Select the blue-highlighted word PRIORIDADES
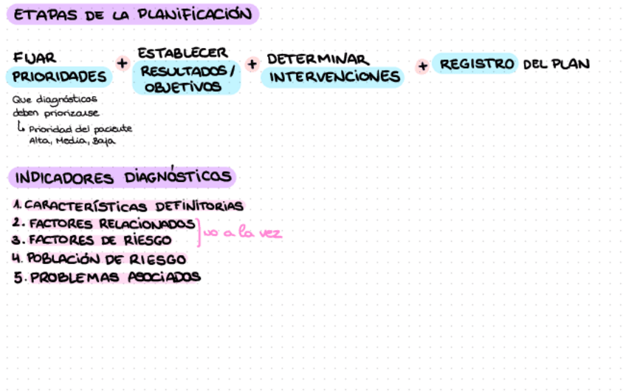point(60,76)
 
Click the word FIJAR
point(35,57)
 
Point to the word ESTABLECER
point(182,53)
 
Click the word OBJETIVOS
point(182,87)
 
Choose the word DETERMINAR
point(317,59)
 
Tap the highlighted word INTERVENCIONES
point(334,77)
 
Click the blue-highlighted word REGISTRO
point(477,64)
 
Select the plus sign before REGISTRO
point(422,66)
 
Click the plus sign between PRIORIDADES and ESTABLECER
point(123,64)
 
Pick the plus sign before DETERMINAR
point(252,64)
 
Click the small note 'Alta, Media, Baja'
point(72,141)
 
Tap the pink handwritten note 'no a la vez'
point(244,233)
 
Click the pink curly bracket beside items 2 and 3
point(199,232)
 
